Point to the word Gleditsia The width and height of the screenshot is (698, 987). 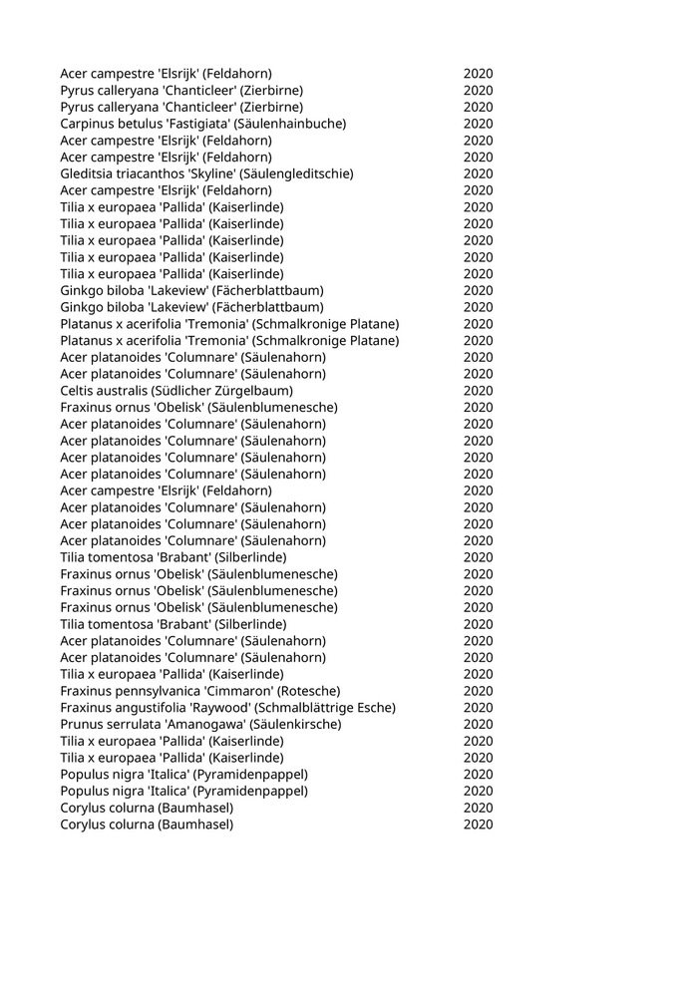click(88, 173)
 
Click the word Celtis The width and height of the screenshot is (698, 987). click(78, 391)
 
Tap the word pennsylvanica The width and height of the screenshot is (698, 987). click(161, 691)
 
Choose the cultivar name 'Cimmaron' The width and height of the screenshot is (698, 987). click(241, 691)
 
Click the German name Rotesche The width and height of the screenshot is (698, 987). click(310, 691)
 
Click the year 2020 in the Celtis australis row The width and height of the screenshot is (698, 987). click(478, 391)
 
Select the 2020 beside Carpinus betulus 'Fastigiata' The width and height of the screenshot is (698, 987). click(478, 124)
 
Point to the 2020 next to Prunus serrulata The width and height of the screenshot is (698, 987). click(478, 725)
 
